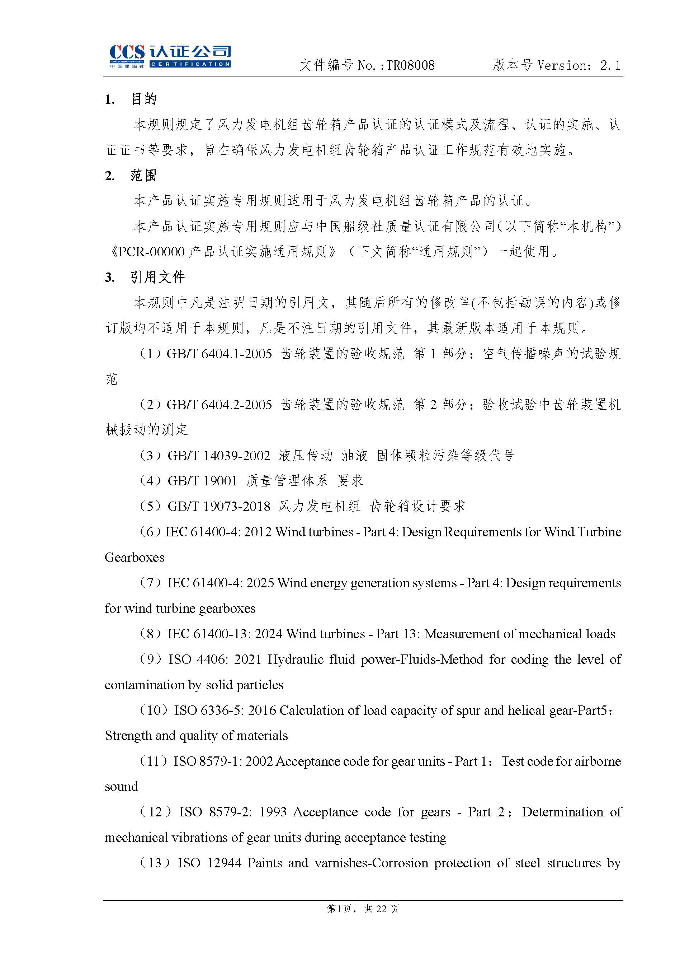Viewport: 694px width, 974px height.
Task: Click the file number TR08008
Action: click(x=410, y=65)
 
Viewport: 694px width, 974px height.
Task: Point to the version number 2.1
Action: click(x=610, y=65)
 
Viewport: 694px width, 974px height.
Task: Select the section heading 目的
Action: click(x=143, y=99)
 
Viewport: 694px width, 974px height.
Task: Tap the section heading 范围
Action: click(x=143, y=176)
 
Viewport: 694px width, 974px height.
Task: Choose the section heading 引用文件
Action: click(x=157, y=277)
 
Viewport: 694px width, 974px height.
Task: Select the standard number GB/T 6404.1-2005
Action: click(x=219, y=354)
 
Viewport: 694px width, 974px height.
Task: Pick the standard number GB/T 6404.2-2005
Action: click(x=219, y=405)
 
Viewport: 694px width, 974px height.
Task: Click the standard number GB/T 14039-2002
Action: click(x=219, y=456)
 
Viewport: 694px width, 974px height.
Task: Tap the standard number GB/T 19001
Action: click(x=202, y=481)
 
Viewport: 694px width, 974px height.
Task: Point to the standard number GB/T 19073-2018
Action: click(x=219, y=507)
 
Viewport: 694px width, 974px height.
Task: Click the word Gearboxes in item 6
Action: click(x=134, y=557)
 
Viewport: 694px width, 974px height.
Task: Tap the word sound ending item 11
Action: click(x=121, y=786)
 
